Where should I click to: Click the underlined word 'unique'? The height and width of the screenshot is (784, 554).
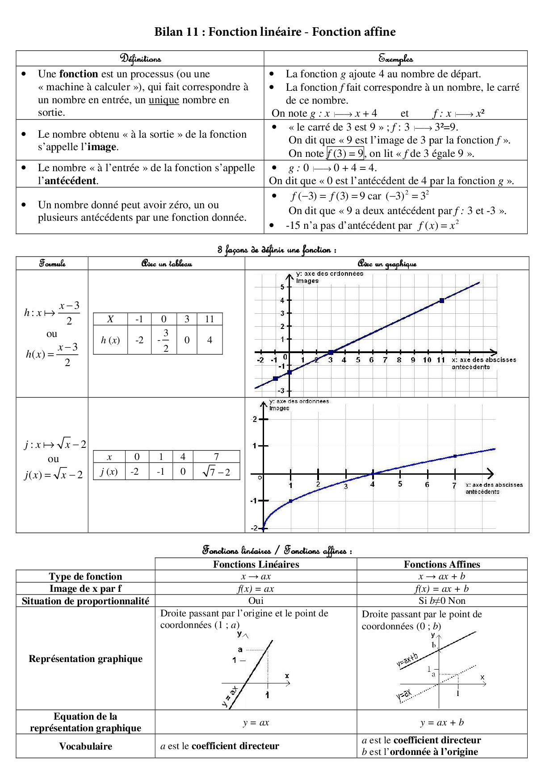tap(164, 100)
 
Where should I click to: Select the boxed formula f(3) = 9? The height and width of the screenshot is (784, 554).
tap(345, 153)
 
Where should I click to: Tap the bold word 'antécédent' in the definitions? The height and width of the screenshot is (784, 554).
tap(71, 181)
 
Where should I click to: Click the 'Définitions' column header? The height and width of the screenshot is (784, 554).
tap(140, 59)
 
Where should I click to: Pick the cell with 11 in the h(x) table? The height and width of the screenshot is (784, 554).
tap(210, 319)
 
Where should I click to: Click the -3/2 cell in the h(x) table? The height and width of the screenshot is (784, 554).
tap(164, 340)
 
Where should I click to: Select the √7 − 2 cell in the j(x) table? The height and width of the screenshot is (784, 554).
tap(216, 472)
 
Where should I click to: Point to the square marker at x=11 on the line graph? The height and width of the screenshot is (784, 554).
tap(441, 300)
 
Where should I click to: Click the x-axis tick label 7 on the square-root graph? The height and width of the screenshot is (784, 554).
tap(454, 486)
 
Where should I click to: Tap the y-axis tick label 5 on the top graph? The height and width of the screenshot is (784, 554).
tap(282, 287)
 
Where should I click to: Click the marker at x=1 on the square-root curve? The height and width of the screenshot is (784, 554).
tap(290, 501)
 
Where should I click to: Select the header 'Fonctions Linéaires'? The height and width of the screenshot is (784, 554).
tap(256, 564)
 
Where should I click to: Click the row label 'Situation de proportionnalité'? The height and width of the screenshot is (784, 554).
tap(85, 601)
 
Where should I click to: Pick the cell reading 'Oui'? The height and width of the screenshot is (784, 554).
tap(256, 601)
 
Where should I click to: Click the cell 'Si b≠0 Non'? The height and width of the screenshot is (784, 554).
tap(441, 601)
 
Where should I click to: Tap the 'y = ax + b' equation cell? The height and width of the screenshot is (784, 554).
tap(441, 722)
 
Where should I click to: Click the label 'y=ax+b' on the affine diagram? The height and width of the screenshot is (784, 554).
tap(407, 660)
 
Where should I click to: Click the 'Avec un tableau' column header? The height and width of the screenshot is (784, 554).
tap(166, 264)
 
